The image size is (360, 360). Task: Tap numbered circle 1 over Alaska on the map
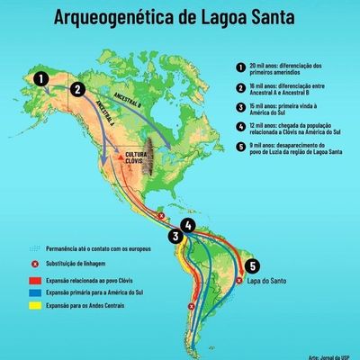point(40,79)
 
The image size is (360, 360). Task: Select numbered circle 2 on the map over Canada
point(78,88)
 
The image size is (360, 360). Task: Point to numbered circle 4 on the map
point(187,225)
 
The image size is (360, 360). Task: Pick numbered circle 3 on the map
point(177,237)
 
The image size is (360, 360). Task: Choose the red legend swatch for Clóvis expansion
point(32,280)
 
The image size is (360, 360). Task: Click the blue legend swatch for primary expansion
point(32,292)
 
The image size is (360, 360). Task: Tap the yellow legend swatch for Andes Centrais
point(32,305)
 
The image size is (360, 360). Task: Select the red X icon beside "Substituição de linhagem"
point(32,265)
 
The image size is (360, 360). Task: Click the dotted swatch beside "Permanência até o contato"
point(32,247)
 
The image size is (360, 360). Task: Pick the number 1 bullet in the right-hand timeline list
point(240,67)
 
